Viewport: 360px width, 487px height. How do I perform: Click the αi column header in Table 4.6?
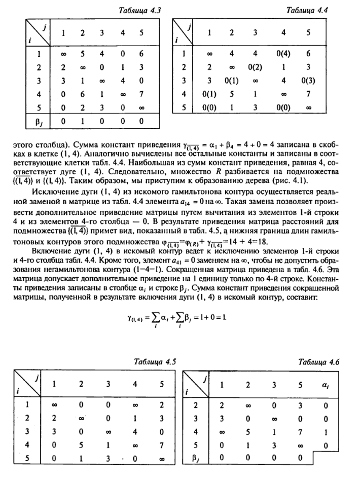[326, 388]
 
